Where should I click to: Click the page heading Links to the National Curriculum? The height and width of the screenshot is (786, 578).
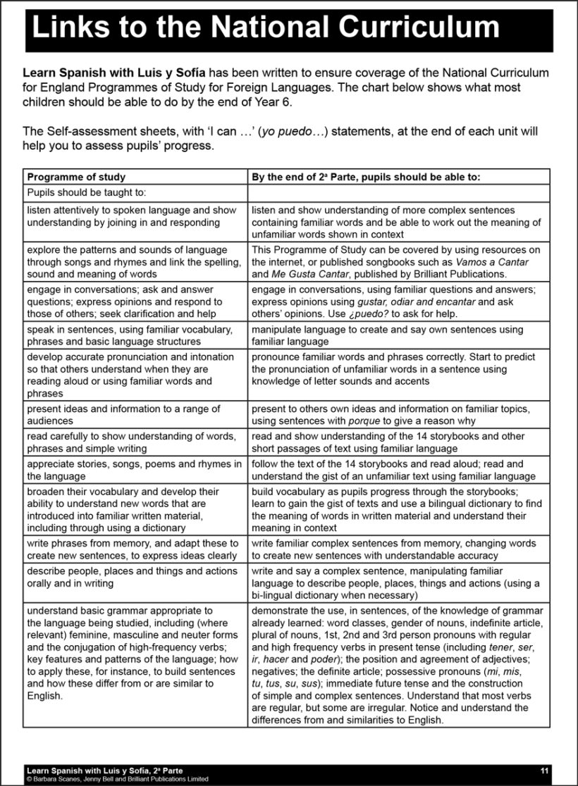tap(266, 27)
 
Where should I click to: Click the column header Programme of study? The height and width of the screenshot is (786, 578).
tap(76, 177)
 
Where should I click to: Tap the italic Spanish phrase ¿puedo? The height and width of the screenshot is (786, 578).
tap(367, 313)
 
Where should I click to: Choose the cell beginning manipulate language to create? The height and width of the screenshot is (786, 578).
tap(387, 335)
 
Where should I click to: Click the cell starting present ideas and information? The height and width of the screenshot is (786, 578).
tap(123, 415)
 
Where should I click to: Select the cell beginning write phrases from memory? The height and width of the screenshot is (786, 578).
tap(133, 549)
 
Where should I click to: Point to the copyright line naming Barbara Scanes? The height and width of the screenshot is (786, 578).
tap(117, 779)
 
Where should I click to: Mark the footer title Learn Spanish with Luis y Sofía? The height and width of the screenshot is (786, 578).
tap(104, 771)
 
